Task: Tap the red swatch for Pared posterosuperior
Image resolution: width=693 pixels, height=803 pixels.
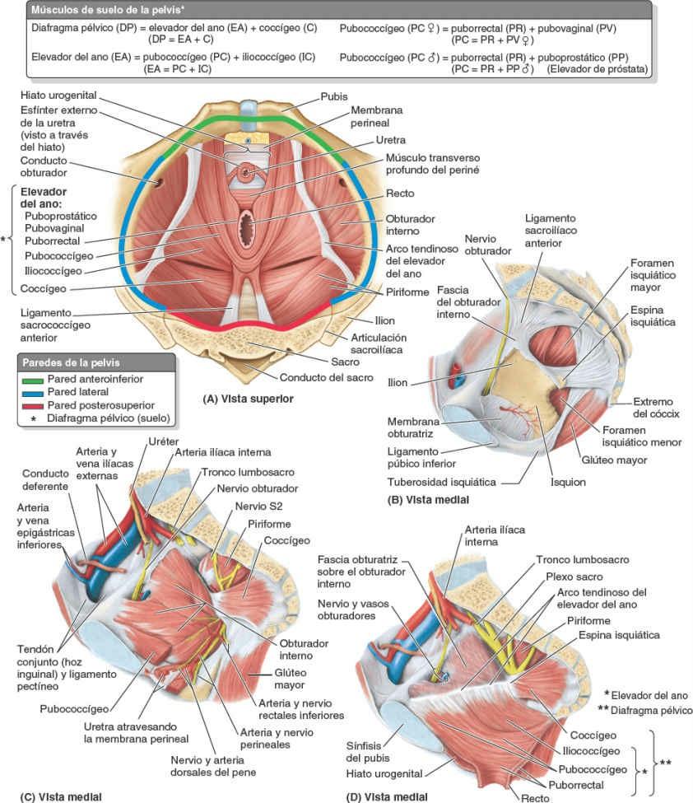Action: pyautogui.click(x=32, y=404)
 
